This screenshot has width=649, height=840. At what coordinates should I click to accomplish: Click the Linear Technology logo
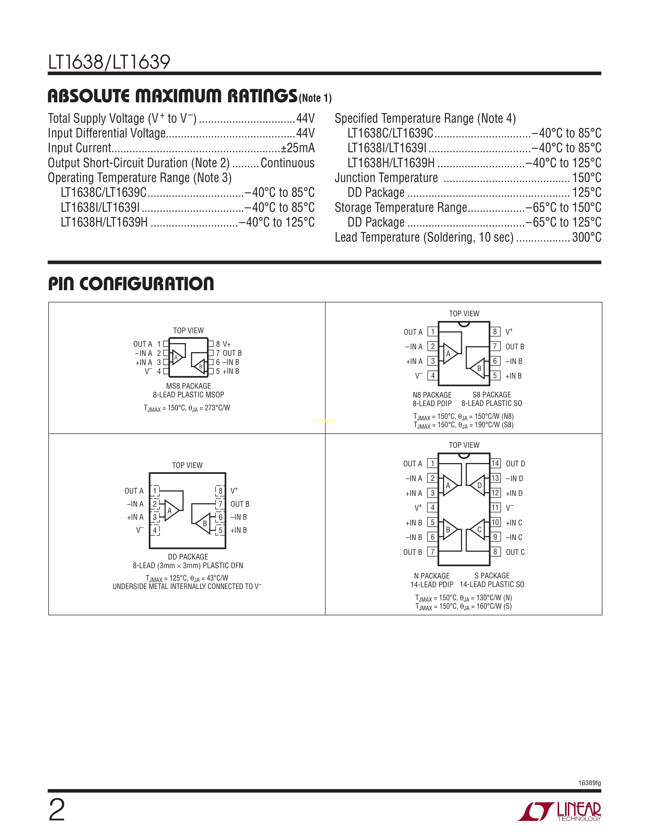point(559,811)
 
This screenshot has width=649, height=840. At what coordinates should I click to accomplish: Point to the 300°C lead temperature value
point(586,237)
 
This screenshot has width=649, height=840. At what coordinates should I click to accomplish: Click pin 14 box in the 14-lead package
point(495,464)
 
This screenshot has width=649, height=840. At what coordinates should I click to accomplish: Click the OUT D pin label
point(515,464)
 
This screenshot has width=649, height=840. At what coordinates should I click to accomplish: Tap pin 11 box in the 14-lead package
point(495,508)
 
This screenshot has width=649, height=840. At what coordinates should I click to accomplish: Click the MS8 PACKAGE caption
point(188,386)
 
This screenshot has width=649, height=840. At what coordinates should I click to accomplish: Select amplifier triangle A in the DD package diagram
point(171,511)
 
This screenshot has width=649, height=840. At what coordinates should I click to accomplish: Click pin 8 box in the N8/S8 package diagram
point(495,331)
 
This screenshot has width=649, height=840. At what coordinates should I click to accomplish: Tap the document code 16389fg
point(589,783)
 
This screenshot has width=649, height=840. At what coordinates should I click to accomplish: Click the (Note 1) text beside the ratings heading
point(315,98)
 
